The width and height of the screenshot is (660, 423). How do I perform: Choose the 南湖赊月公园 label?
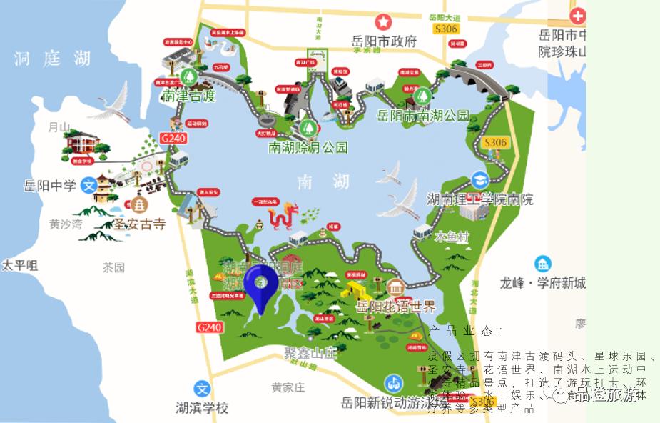(x=308, y=148)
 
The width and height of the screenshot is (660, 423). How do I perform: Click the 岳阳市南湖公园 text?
(x=423, y=115)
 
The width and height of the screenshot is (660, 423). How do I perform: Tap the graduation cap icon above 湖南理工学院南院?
(x=479, y=179)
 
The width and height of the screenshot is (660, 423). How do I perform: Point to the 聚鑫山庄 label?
(x=310, y=353)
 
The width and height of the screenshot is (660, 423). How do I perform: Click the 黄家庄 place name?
(x=288, y=387)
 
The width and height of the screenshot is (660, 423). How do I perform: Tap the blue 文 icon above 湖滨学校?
(x=203, y=389)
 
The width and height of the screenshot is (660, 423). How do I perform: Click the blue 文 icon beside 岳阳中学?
(x=88, y=184)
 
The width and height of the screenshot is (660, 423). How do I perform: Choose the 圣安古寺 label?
(x=139, y=224)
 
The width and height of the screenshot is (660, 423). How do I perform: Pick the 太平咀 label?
(x=19, y=265)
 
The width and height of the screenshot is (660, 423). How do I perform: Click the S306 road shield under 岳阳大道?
(x=446, y=28)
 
